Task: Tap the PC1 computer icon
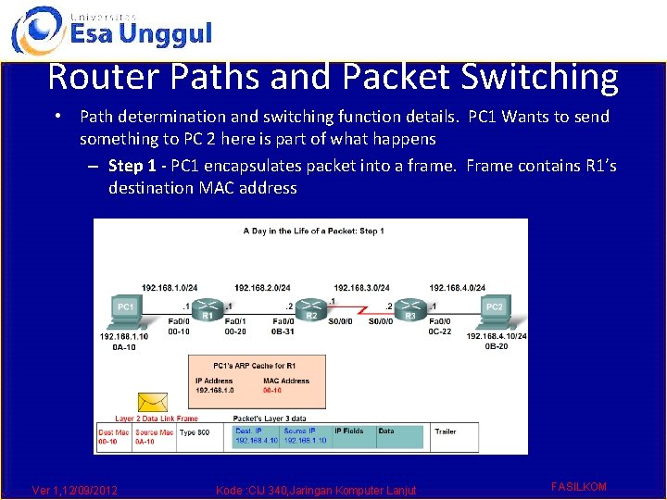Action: coord(126,312)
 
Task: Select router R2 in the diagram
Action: coord(313,306)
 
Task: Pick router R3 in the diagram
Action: coord(411,306)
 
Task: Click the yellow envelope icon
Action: coord(151,403)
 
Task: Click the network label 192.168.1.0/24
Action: coord(169,288)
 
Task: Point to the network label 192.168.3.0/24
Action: coord(361,288)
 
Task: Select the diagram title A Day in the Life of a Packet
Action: coord(313,231)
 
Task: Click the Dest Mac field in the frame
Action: coord(113,437)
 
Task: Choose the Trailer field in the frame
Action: coord(446,431)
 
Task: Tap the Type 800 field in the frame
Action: coord(194,432)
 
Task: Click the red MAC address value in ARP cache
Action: coord(271,391)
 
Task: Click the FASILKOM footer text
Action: coord(578,486)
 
